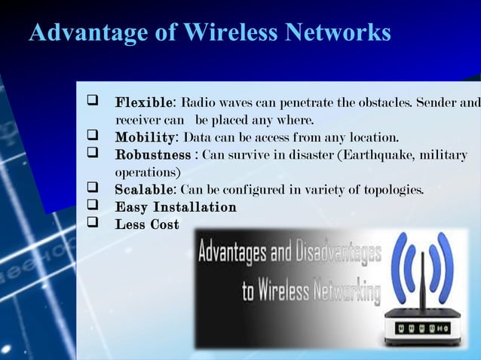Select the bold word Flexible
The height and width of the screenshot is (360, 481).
[144, 102]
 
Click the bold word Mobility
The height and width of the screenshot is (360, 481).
[145, 138]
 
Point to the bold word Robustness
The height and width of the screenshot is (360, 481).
[152, 155]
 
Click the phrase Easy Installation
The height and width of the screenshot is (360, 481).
[175, 207]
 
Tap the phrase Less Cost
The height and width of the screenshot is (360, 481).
[146, 224]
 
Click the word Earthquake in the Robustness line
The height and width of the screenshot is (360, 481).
[374, 155]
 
